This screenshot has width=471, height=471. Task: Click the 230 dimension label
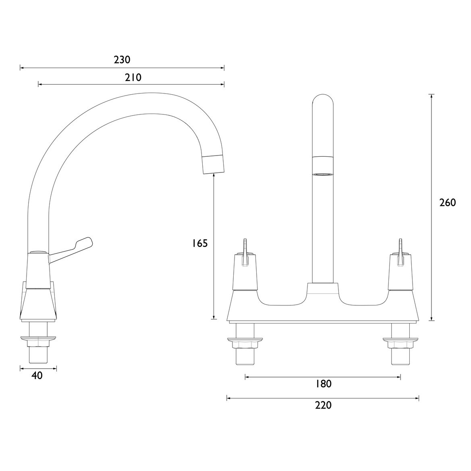122,60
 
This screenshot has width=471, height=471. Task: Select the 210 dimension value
133,77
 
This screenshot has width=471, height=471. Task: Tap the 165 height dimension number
199,243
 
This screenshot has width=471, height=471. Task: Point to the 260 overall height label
447,203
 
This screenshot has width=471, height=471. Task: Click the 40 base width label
37,376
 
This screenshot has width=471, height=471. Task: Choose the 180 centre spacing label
323,384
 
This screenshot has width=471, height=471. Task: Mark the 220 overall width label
323,405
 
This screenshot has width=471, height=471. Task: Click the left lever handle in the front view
245,253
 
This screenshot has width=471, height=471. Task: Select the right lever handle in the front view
400,253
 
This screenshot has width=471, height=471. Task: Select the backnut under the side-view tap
38,341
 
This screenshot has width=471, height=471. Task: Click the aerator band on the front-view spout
323,166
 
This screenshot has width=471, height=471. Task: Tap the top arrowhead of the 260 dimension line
432,96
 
